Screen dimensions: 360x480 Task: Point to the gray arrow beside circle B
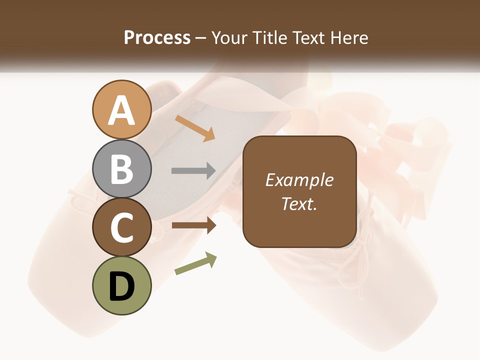[193, 171]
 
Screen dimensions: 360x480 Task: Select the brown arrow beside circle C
[193, 225]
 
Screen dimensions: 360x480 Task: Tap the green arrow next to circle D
[195, 263]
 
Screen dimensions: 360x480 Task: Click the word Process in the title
[157, 37]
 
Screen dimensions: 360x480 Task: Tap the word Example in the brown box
[299, 180]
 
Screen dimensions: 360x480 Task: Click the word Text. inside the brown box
[299, 203]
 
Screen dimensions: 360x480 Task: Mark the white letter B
[121, 169]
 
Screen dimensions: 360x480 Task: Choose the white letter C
[121, 228]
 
